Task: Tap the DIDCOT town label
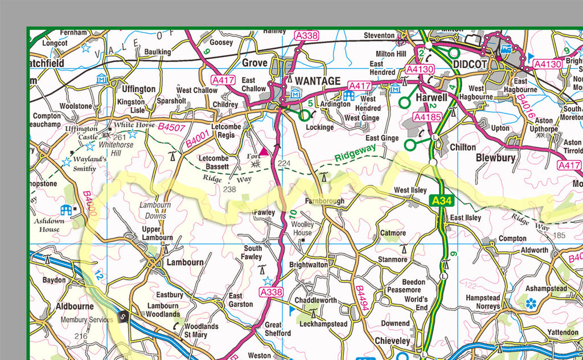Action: pyautogui.click(x=469, y=64)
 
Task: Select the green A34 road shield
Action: pyautogui.click(x=442, y=201)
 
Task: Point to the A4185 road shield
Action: pyautogui.click(x=428, y=117)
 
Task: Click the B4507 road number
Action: pyautogui.click(x=171, y=127)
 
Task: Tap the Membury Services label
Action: pyautogui.click(x=87, y=320)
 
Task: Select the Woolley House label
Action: pyautogui.click(x=302, y=228)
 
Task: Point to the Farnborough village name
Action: pyautogui.click(x=324, y=202)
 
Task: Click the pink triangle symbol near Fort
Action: pyautogui.click(x=264, y=152)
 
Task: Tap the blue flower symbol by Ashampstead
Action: pyautogui.click(x=531, y=302)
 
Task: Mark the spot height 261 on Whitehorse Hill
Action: pyautogui.click(x=120, y=137)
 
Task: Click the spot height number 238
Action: pyautogui.click(x=229, y=189)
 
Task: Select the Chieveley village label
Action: pyautogui.click(x=392, y=341)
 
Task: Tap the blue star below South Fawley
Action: pyautogui.click(x=268, y=281)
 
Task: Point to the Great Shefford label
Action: pyautogui.click(x=277, y=329)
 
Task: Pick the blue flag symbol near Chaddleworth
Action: pyautogui.click(x=293, y=310)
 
